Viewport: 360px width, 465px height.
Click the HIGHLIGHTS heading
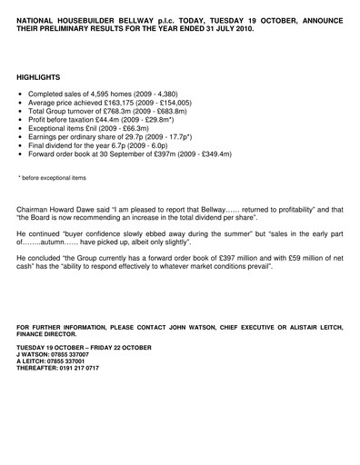point(37,79)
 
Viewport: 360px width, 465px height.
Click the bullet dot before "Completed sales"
point(21,95)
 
